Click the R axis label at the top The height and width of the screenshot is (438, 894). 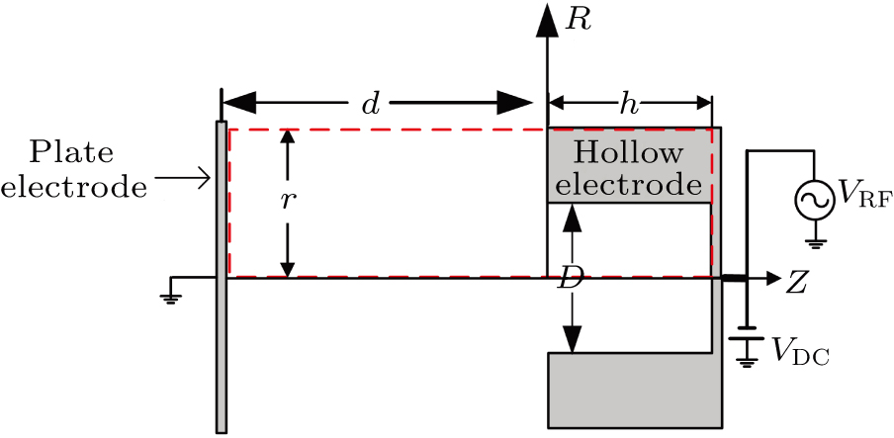tap(579, 21)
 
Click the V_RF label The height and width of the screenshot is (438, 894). tap(864, 199)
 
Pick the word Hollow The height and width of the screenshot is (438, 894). tap(629, 153)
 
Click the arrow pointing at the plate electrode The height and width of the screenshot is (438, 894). tap(184, 179)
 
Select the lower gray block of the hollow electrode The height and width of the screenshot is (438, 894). tap(633, 391)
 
